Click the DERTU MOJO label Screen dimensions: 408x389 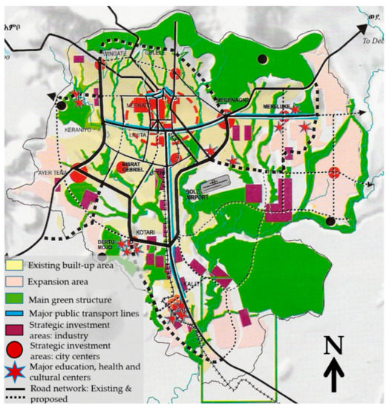click(x=109, y=244)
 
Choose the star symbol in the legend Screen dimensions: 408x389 click(x=13, y=372)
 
